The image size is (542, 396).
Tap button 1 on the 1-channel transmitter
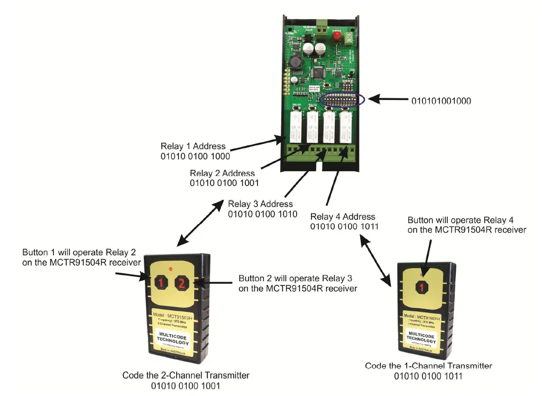421,288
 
